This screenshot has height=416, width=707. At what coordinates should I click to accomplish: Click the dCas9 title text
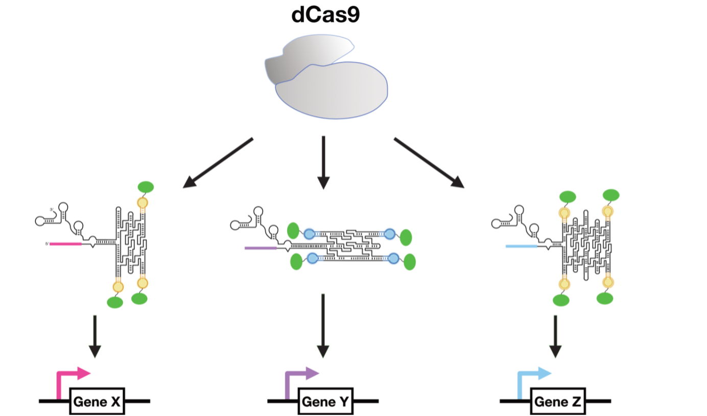tap(326, 15)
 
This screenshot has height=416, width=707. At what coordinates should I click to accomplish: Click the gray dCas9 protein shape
tap(329, 87)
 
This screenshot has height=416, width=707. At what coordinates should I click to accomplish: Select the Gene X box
tap(97, 402)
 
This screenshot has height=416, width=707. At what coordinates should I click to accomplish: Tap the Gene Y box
tap(325, 402)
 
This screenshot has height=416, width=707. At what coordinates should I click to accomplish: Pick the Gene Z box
tap(558, 402)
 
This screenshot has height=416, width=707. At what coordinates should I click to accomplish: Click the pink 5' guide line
tap(65, 244)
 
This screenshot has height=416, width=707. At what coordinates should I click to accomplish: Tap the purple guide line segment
tap(261, 248)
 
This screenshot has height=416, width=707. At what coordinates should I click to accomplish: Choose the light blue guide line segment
tap(521, 246)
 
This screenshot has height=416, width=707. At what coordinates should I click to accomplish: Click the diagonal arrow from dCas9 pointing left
tap(218, 162)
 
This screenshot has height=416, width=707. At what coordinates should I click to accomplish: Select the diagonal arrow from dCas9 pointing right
tap(429, 162)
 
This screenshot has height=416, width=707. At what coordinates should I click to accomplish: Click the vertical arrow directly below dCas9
tap(323, 162)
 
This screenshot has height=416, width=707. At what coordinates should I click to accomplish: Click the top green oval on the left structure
tap(146, 187)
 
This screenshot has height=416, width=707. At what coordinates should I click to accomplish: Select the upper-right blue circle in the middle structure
tap(390, 234)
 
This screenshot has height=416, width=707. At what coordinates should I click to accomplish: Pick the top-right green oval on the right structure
tap(611, 194)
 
